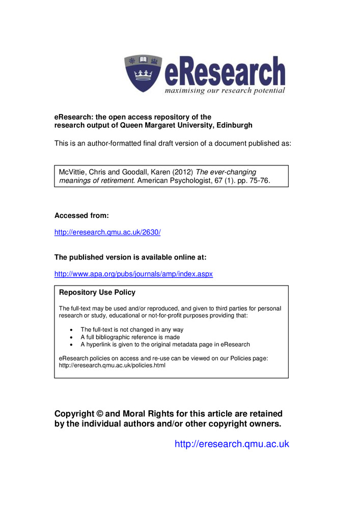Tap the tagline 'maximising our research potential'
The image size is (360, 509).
click(224, 91)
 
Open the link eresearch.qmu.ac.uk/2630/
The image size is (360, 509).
click(107, 232)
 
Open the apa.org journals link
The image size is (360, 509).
click(133, 274)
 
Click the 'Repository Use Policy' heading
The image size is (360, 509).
click(97, 293)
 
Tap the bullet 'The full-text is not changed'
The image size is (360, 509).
click(132, 330)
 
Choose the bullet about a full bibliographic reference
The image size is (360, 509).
click(130, 337)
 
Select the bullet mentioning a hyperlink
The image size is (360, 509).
click(165, 345)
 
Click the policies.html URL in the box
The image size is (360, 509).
click(112, 365)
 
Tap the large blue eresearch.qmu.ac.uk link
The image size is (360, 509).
click(232, 444)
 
